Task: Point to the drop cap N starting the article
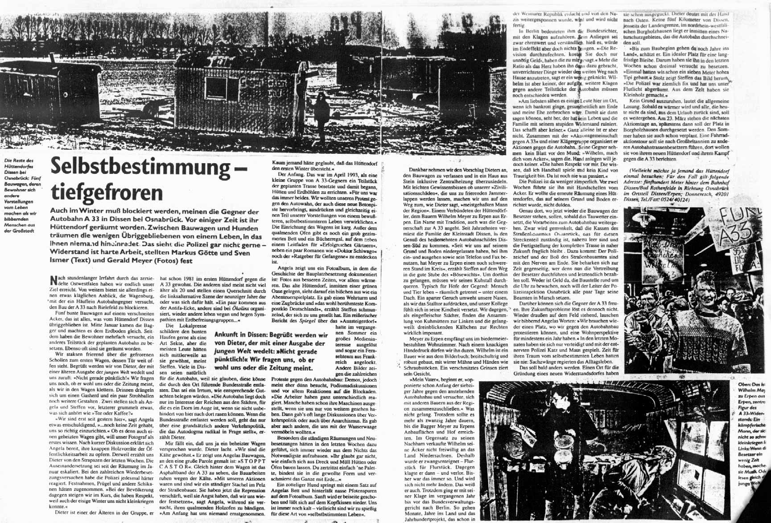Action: click(54, 280)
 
